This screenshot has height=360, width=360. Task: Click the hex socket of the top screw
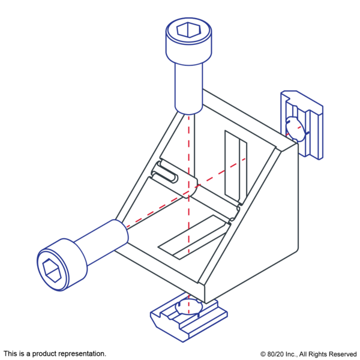click(188, 29)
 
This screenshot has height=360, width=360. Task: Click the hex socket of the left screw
click(52, 271)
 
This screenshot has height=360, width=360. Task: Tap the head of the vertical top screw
click(188, 41)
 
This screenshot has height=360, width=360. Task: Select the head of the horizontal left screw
click(62, 265)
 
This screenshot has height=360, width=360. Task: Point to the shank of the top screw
click(189, 88)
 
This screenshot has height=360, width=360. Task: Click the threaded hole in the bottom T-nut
click(189, 307)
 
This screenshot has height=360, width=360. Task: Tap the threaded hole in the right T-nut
click(296, 128)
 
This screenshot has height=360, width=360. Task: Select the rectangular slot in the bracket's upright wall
click(236, 166)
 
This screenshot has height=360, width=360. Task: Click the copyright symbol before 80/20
click(263, 354)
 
